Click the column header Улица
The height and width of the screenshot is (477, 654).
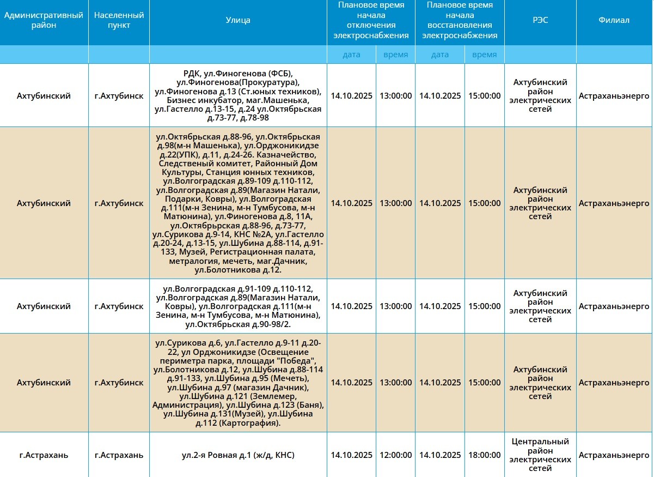click(x=238, y=20)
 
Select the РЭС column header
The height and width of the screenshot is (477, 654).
click(x=540, y=20)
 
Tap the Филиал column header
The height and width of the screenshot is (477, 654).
click(x=614, y=20)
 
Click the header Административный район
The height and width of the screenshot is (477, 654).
click(x=44, y=20)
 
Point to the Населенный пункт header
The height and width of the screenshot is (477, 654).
click(x=119, y=20)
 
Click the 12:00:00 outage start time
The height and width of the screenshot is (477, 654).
click(x=395, y=455)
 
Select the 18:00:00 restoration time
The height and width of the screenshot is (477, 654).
click(x=484, y=455)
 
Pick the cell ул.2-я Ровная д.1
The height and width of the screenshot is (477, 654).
click(x=238, y=455)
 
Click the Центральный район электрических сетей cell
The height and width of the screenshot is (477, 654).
click(x=540, y=455)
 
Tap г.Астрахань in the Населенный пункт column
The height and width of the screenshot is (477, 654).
click(x=119, y=455)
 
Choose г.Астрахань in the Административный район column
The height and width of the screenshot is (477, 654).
click(x=44, y=455)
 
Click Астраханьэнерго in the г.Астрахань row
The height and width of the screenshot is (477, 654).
click(x=614, y=455)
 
